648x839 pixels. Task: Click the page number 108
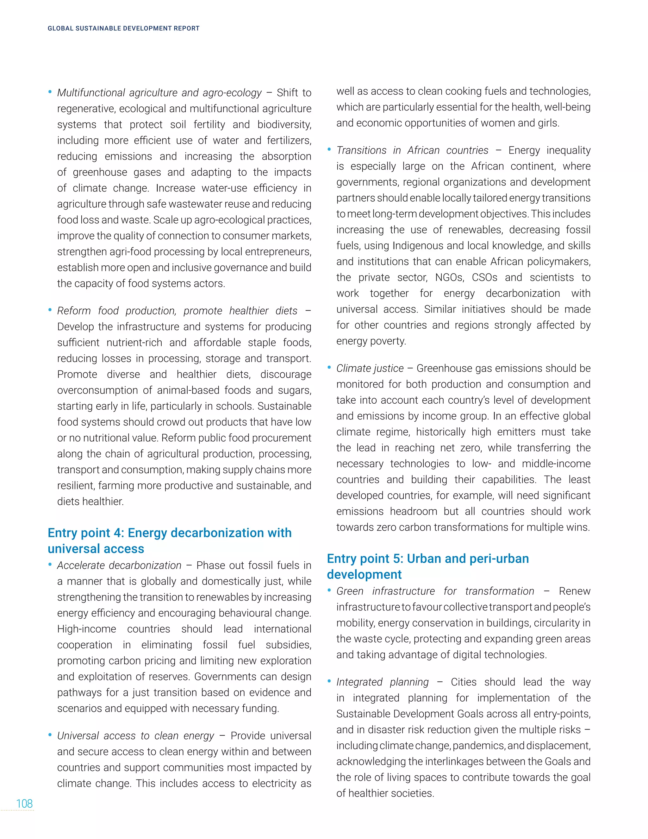coord(24,803)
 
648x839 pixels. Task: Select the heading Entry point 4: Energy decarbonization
coord(169,533)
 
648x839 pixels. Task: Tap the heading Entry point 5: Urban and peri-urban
coord(428,558)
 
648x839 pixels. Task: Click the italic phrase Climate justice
coord(370,369)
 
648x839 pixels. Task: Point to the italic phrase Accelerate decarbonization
coord(119,565)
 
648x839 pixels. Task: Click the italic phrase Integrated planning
coord(382,682)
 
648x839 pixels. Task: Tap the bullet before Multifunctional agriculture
coord(50,92)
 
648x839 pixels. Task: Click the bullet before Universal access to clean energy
coord(50,735)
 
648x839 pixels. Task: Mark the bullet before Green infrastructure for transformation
coord(329,590)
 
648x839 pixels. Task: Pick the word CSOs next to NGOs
coord(484,277)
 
